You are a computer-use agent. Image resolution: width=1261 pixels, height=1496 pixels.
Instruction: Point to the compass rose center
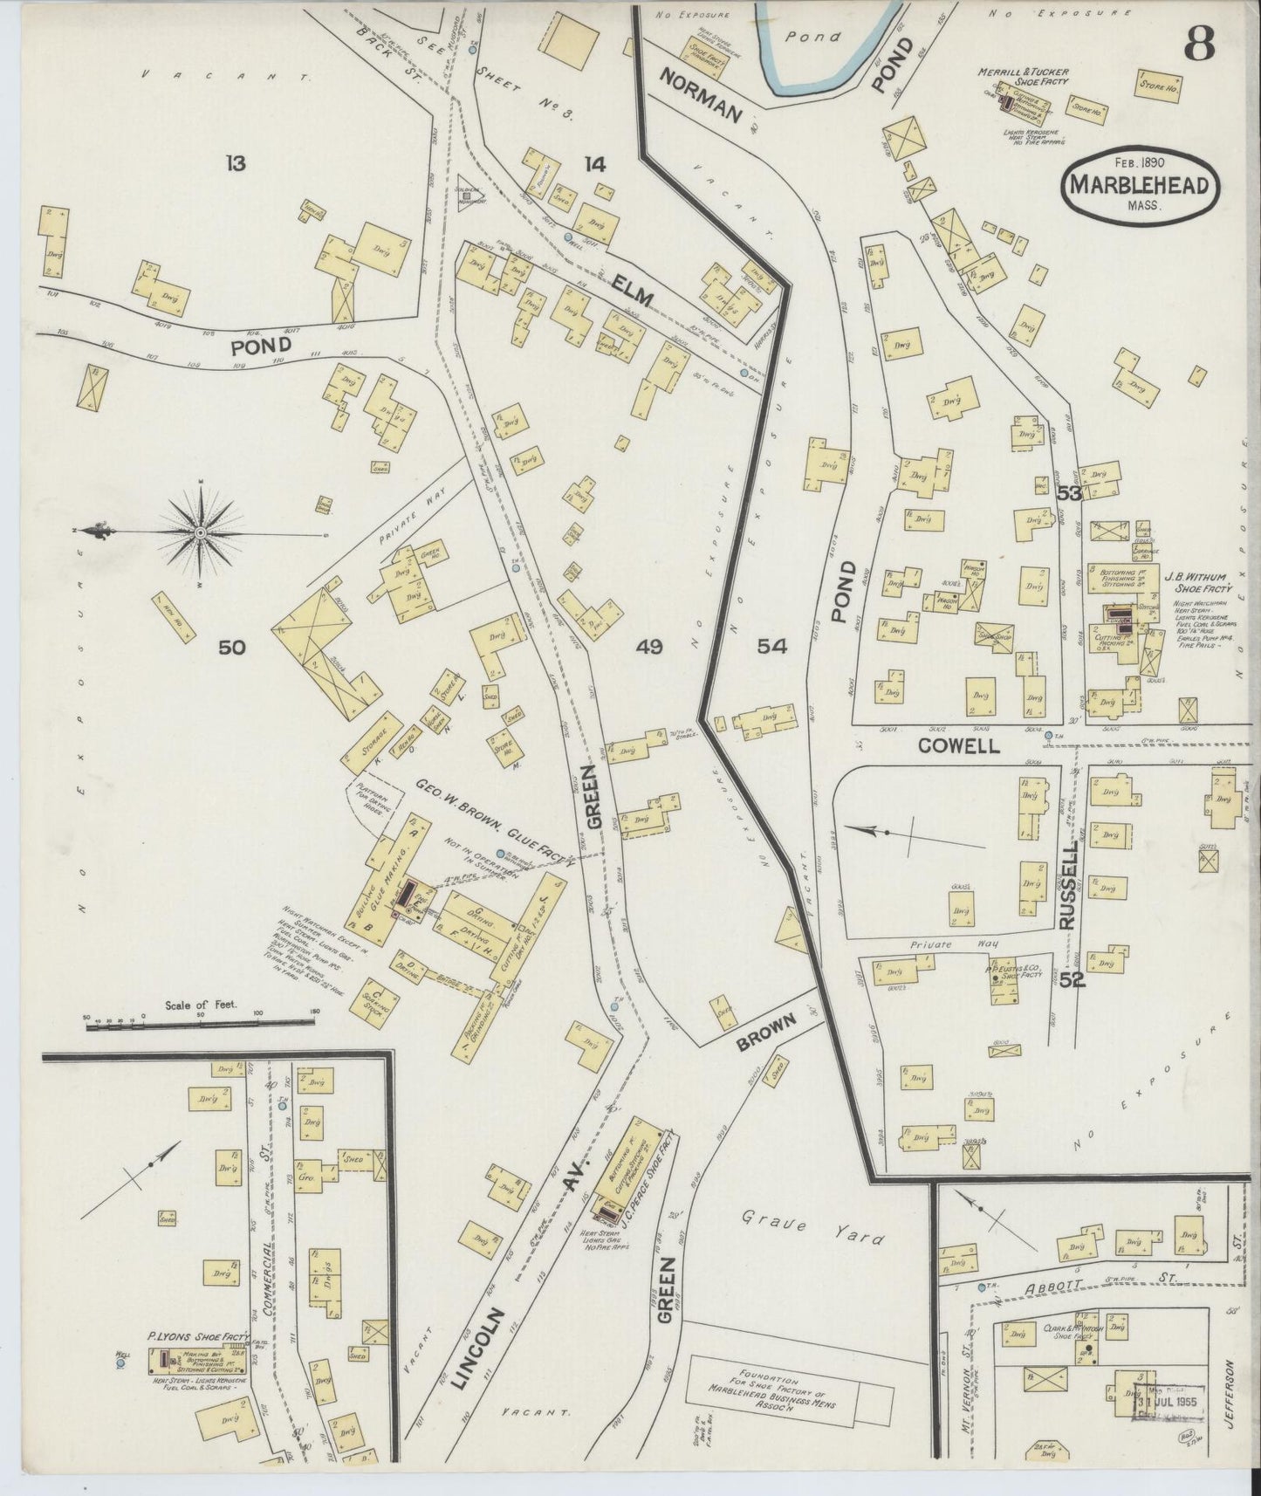click(x=201, y=532)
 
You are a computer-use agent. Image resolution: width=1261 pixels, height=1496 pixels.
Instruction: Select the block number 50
click(x=232, y=647)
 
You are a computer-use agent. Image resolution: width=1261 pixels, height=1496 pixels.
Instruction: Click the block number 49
click(x=648, y=647)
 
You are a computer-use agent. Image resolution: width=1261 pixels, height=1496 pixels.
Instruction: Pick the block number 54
click(x=771, y=647)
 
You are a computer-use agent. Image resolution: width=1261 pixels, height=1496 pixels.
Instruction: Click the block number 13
click(x=234, y=162)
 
